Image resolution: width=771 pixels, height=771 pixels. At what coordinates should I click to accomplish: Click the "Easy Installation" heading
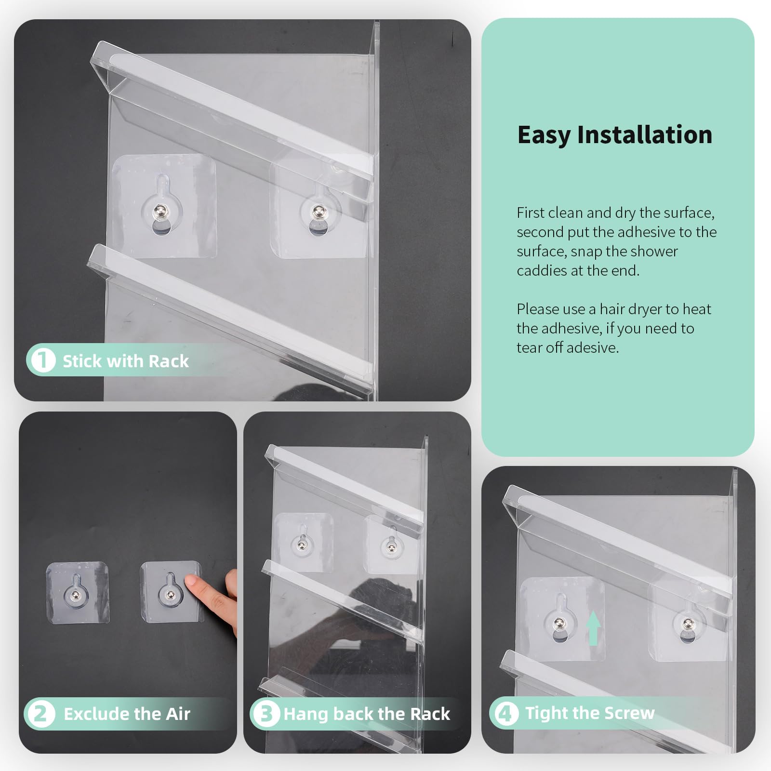click(615, 135)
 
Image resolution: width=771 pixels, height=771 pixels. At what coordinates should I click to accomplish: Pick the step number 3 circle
click(266, 714)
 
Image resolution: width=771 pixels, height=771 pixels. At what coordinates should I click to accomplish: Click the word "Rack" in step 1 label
click(169, 361)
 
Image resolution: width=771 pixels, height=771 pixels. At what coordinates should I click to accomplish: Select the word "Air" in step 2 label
click(178, 714)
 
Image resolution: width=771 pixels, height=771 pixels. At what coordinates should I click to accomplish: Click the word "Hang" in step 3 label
click(306, 714)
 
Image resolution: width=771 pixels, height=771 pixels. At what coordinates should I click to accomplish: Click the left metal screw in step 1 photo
click(160, 212)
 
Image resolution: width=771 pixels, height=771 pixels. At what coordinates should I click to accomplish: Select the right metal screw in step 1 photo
click(318, 212)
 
